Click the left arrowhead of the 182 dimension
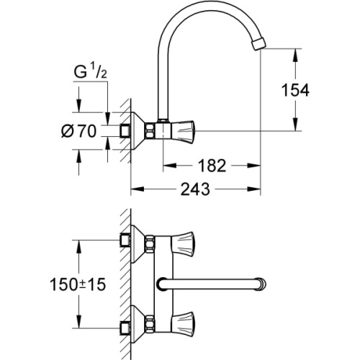coord(164,166)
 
